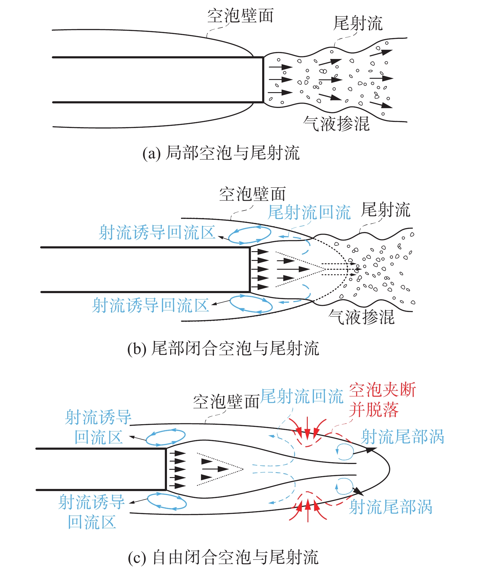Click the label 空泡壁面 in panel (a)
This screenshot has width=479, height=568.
[x=240, y=16]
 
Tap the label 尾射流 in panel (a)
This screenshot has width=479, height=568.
[x=358, y=23]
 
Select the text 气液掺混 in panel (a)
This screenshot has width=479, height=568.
[x=336, y=124]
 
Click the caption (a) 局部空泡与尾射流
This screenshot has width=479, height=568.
[x=221, y=153]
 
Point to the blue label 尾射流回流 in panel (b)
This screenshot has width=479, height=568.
[x=309, y=212]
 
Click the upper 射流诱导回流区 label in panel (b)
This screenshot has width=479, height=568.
[x=157, y=233]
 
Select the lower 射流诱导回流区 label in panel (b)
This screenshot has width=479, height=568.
[x=151, y=305]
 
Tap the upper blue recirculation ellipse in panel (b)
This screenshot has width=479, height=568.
[x=249, y=235]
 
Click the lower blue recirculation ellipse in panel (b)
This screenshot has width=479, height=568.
[x=251, y=304]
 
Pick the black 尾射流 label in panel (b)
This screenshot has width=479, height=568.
[x=385, y=210]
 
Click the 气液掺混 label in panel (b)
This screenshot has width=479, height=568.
[x=361, y=317]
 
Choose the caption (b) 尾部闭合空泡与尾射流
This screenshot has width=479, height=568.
[x=223, y=348]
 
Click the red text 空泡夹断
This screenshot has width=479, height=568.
[x=382, y=390]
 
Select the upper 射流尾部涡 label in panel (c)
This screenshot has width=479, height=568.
[x=402, y=437]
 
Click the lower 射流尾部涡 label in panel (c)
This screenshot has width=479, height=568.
[x=391, y=507]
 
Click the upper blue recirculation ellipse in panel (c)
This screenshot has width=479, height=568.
[x=165, y=438]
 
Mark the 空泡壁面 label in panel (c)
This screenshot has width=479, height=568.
[x=226, y=402]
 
